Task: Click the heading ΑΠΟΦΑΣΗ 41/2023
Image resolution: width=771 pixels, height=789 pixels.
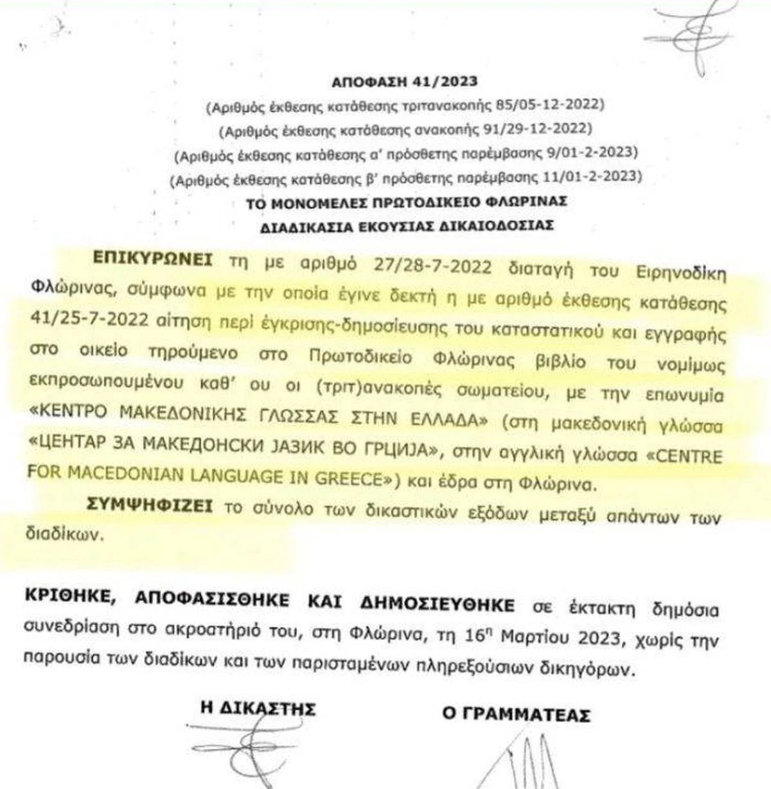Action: (x=404, y=82)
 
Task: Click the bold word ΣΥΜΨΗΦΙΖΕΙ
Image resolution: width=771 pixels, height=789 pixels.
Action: (x=150, y=507)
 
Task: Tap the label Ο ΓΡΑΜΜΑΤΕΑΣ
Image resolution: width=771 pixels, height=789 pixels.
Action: (x=515, y=713)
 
